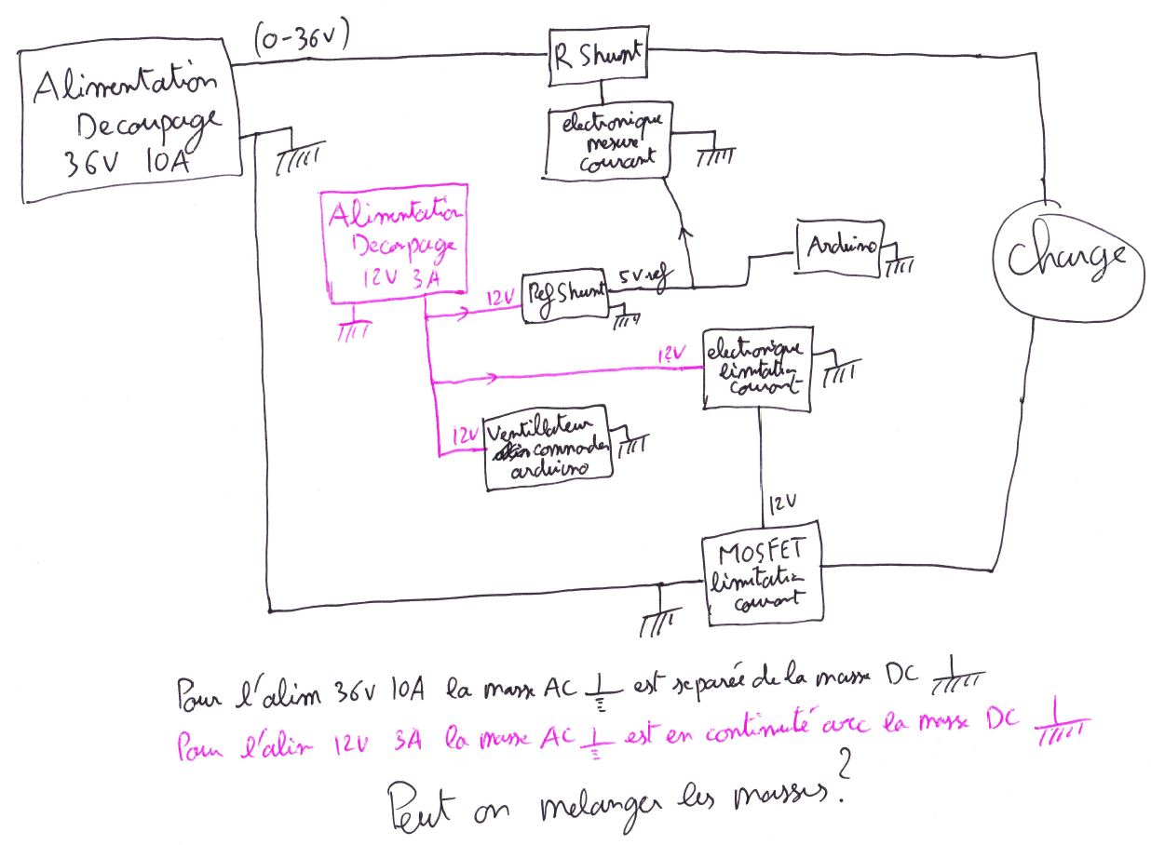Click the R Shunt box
pyautogui.click(x=597, y=57)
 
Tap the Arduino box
pyautogui.click(x=839, y=248)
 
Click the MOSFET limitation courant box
pyautogui.click(x=762, y=573)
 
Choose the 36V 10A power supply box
pyautogui.click(x=131, y=125)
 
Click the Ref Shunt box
pyautogui.click(x=563, y=298)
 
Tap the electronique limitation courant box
pyautogui.click(x=756, y=368)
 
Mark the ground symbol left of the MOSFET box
pyautogui.click(x=657, y=619)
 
